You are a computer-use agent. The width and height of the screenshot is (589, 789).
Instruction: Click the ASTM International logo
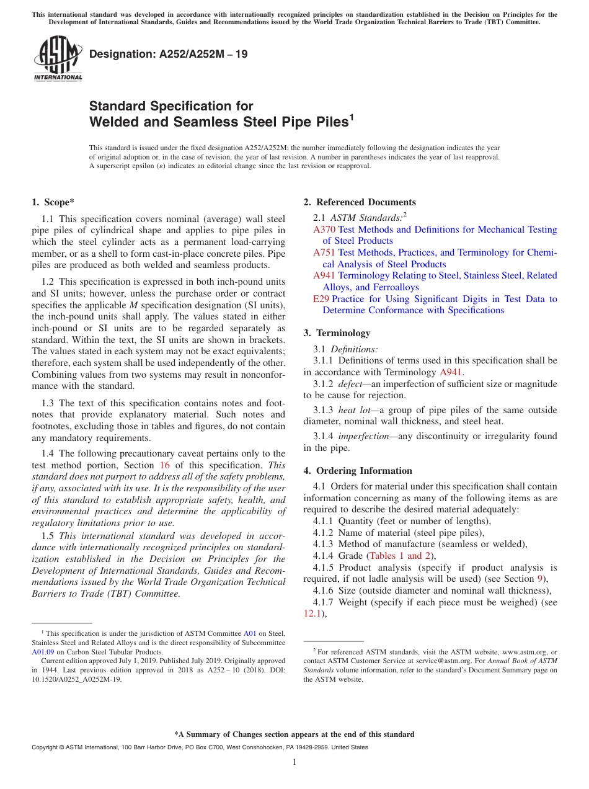[58, 59]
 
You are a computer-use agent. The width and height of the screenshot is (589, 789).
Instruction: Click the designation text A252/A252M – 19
[168, 54]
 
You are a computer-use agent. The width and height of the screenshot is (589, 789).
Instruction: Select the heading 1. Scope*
[53, 202]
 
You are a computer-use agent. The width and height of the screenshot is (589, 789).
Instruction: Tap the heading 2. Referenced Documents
[360, 202]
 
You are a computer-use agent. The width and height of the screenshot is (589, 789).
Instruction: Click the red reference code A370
[324, 230]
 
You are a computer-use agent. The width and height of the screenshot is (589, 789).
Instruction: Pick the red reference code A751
[324, 252]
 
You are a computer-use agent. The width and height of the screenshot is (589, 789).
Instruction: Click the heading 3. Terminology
[337, 333]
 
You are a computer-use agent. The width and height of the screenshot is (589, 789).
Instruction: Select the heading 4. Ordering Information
[358, 471]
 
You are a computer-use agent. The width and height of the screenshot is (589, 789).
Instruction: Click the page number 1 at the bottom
[294, 762]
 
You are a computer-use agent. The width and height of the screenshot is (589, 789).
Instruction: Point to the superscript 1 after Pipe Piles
[351, 117]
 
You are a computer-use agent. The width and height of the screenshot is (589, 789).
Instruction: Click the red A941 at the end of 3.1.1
[451, 372]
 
